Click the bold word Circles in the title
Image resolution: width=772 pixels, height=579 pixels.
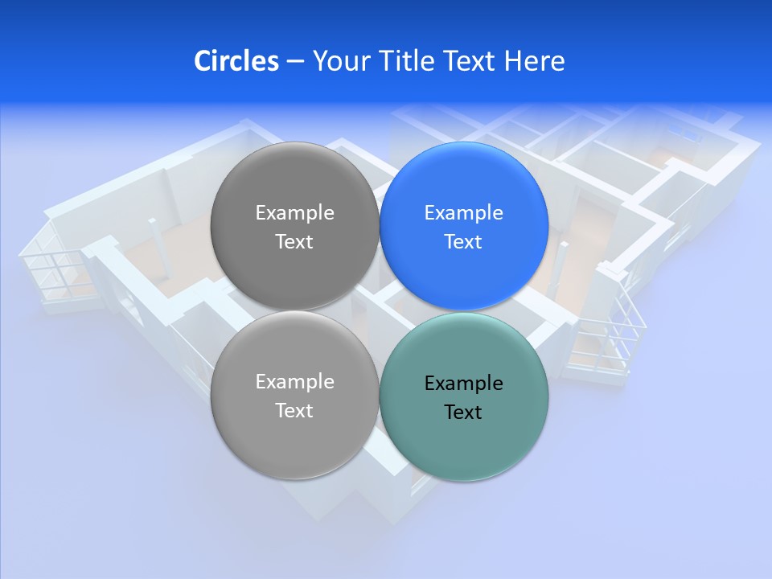[x=236, y=61]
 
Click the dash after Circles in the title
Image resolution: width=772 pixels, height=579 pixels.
[x=294, y=61]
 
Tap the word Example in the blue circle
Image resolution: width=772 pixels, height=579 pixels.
[x=463, y=213]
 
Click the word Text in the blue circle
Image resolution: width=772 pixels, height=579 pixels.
[x=463, y=242]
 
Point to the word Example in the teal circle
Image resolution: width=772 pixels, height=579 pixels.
[x=463, y=384]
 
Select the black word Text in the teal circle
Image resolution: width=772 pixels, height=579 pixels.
[x=463, y=413]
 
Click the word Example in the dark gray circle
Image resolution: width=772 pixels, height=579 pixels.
[x=294, y=213]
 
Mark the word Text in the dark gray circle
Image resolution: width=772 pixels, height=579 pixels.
[x=294, y=242]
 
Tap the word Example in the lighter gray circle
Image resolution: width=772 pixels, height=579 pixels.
[x=294, y=382]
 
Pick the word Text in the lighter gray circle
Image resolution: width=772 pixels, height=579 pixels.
[x=294, y=411]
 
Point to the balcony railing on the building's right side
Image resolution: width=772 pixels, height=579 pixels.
[x=611, y=338]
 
